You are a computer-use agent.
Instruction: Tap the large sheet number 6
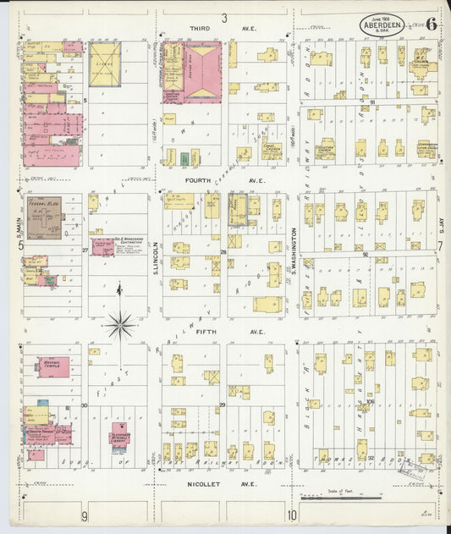432,23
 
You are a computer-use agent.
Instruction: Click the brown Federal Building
43,217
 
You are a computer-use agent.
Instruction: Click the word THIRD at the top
201,28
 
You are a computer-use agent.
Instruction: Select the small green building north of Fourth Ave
184,158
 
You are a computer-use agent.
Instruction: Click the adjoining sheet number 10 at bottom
291,515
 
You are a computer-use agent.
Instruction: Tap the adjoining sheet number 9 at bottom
84,515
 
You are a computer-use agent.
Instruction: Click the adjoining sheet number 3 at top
224,18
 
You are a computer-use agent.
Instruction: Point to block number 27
85,250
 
